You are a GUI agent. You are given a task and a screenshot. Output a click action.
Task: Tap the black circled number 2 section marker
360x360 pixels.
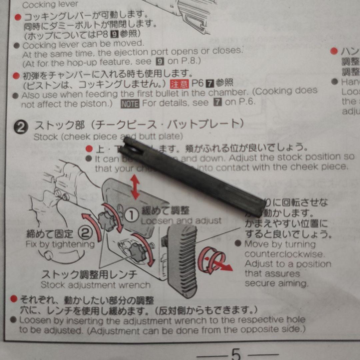coord(21,127)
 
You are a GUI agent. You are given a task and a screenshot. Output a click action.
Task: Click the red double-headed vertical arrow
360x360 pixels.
coord(135,187)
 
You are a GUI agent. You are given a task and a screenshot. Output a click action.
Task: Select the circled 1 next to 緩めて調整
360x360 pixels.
coord(133,215)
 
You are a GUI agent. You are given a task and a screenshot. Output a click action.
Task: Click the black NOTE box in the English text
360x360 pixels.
coord(130,104)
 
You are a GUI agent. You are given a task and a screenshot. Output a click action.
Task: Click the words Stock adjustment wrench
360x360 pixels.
coord(95,285)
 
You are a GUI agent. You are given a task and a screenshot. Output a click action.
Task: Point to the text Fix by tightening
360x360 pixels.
coord(60,244)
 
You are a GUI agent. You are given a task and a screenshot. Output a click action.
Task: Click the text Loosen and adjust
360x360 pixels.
coord(181,221)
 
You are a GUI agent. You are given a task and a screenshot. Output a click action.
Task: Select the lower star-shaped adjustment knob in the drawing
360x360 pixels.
coord(137,252)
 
